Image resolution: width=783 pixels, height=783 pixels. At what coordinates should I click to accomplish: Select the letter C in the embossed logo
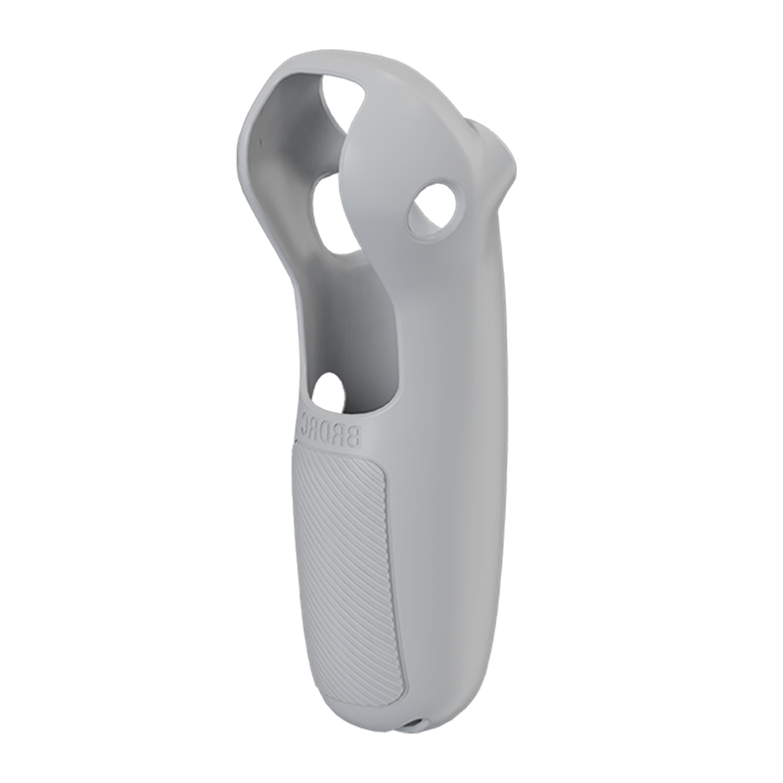[x=306, y=421]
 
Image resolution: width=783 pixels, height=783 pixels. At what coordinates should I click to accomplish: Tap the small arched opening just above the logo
[x=330, y=392]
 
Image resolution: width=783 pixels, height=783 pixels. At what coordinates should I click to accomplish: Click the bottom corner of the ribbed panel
[x=391, y=701]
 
